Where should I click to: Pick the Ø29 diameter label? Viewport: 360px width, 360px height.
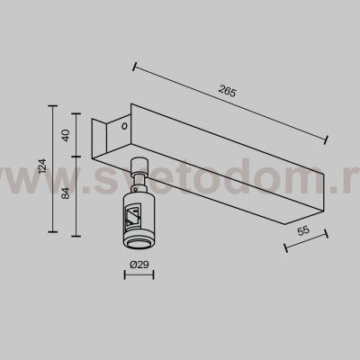click(138, 266)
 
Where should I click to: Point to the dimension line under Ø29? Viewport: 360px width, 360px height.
click(138, 277)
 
